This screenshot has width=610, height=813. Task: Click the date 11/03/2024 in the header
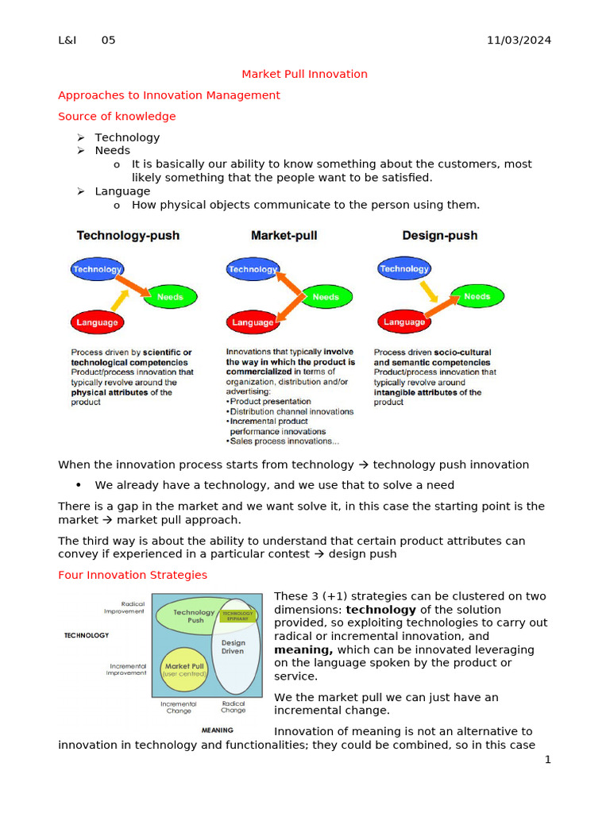click(519, 40)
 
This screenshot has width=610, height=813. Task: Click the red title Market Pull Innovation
click(304, 74)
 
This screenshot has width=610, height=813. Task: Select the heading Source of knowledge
click(117, 116)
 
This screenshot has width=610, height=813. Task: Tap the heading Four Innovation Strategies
click(133, 575)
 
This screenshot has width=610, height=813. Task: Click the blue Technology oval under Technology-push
click(97, 269)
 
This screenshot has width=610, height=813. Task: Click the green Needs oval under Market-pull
click(325, 297)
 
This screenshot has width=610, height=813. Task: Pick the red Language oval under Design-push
click(404, 322)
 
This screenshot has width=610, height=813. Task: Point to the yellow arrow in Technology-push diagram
click(120, 300)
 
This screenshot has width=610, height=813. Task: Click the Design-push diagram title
click(439, 236)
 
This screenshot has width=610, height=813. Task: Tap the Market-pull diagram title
click(284, 236)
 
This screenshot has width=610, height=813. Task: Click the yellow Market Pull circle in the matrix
click(184, 669)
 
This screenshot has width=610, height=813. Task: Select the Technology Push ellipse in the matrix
click(188, 616)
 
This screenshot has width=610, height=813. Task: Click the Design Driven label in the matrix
click(234, 647)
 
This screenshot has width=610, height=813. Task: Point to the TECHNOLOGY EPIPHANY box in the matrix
click(237, 615)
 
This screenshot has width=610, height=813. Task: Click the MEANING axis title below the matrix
click(217, 730)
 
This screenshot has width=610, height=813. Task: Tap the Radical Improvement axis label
click(124, 607)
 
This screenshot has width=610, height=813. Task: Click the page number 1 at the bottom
click(547, 760)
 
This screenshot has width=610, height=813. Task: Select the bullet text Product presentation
click(270, 402)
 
